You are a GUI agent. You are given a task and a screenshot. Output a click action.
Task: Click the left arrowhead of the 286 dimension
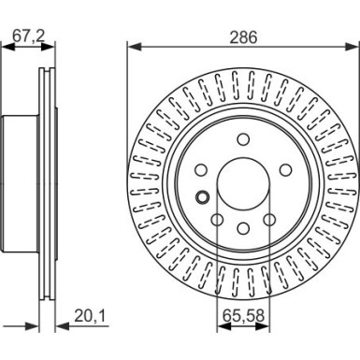(132, 46)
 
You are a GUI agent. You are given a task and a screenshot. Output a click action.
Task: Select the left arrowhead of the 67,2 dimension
(8, 46)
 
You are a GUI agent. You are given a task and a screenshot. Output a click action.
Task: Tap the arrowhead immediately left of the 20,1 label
(61, 326)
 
